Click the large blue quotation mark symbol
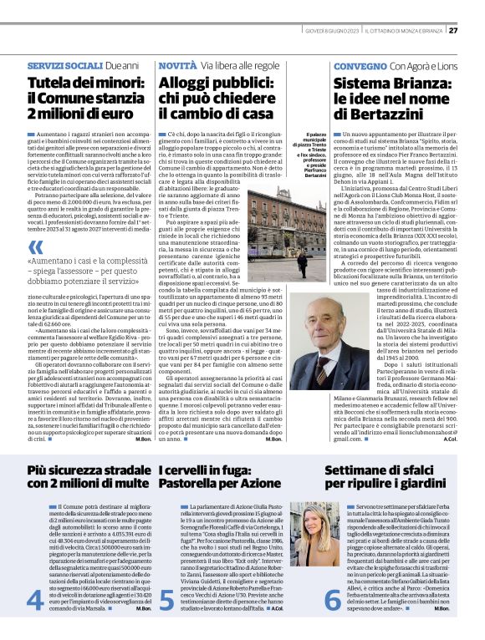coord(36,247)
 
